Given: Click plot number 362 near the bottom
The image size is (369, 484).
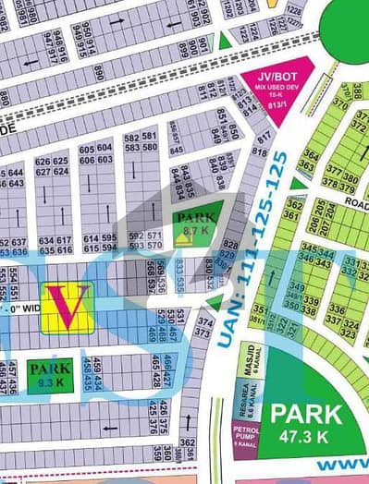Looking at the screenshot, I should click(189, 444).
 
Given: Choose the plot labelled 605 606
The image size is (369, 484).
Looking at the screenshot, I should click(89, 154).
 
